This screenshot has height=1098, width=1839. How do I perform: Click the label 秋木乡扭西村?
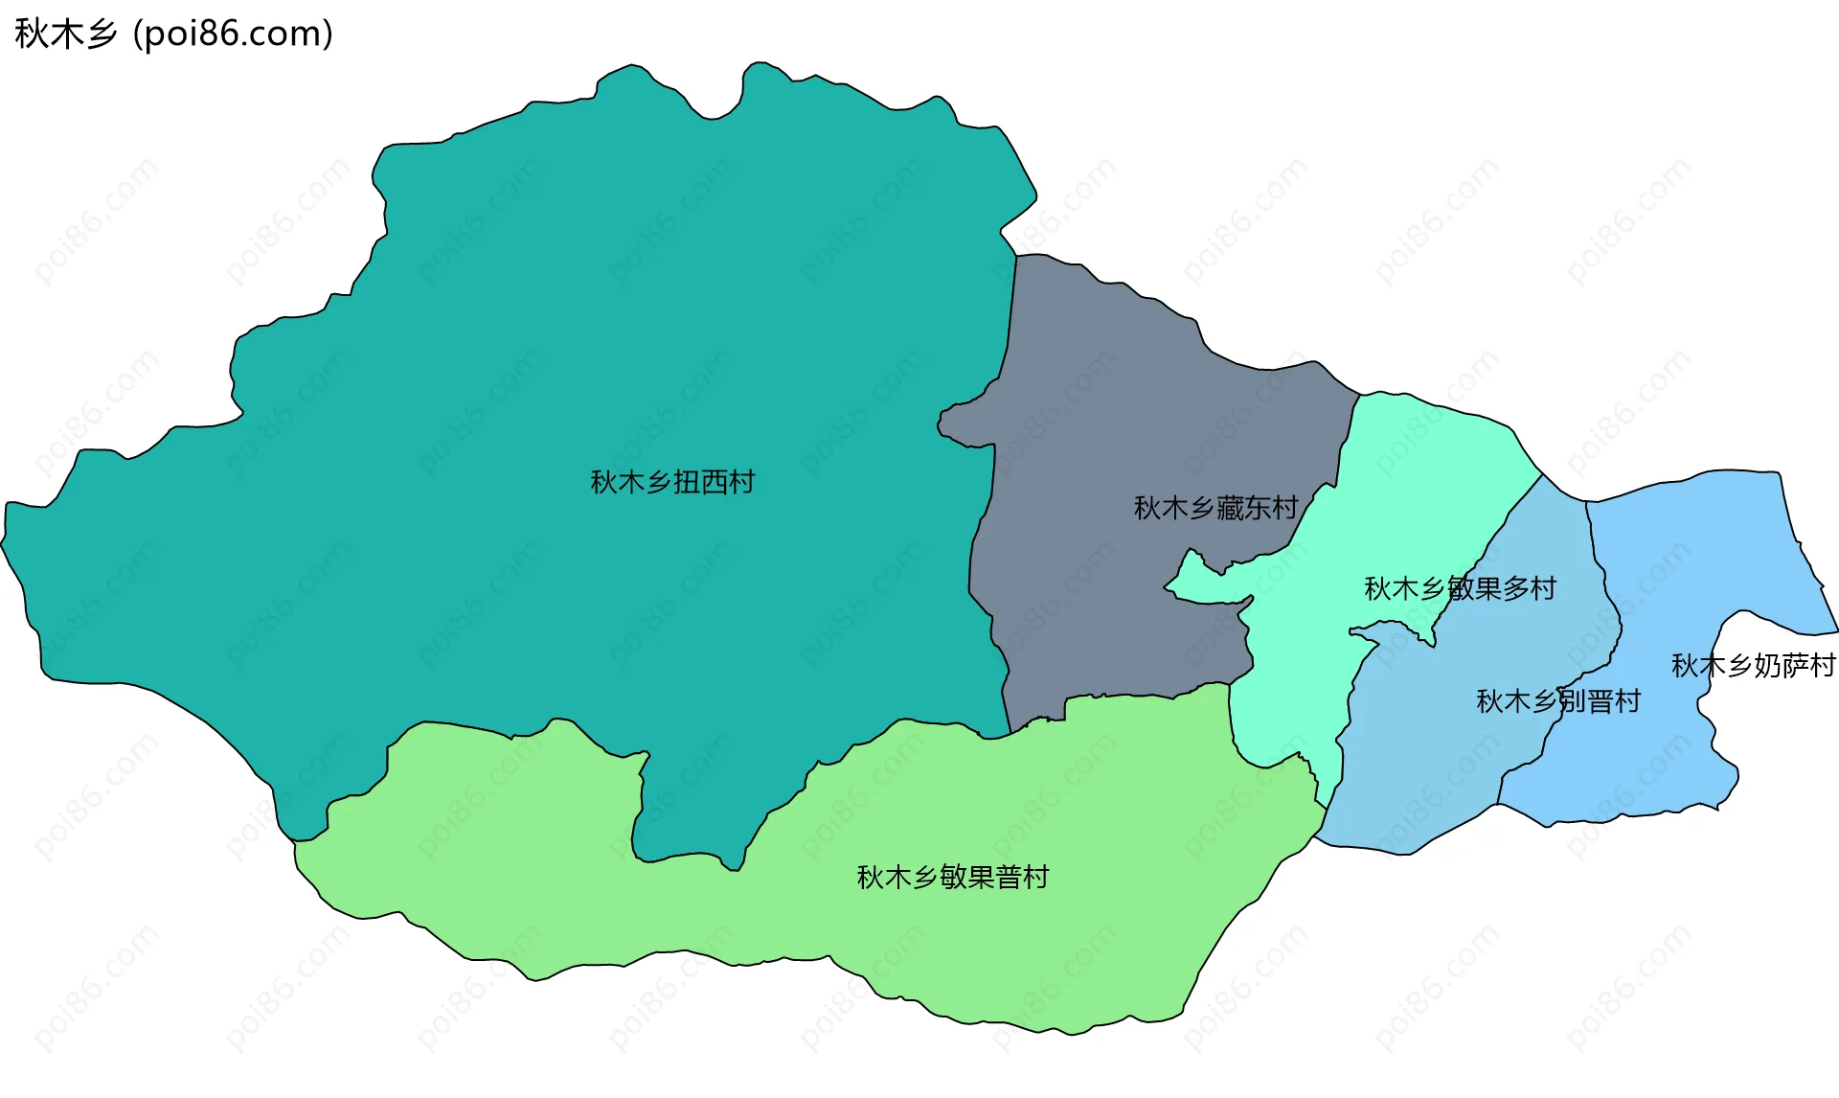click(x=672, y=482)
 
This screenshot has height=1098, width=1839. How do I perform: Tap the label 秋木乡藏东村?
click(x=1215, y=508)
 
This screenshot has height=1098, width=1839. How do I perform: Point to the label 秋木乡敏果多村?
click(x=1460, y=588)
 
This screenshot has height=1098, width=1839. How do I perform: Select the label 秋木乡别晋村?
click(x=1558, y=701)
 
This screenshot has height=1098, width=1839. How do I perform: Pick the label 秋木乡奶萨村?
click(x=1753, y=665)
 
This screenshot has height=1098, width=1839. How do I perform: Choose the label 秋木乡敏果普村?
click(x=952, y=877)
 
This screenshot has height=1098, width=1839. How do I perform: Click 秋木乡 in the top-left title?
click(x=65, y=34)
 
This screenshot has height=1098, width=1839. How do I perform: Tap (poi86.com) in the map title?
click(x=234, y=34)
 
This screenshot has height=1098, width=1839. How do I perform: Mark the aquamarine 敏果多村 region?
click(x=1418, y=479)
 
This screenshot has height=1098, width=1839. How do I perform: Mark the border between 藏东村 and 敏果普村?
click(x=1149, y=695)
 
